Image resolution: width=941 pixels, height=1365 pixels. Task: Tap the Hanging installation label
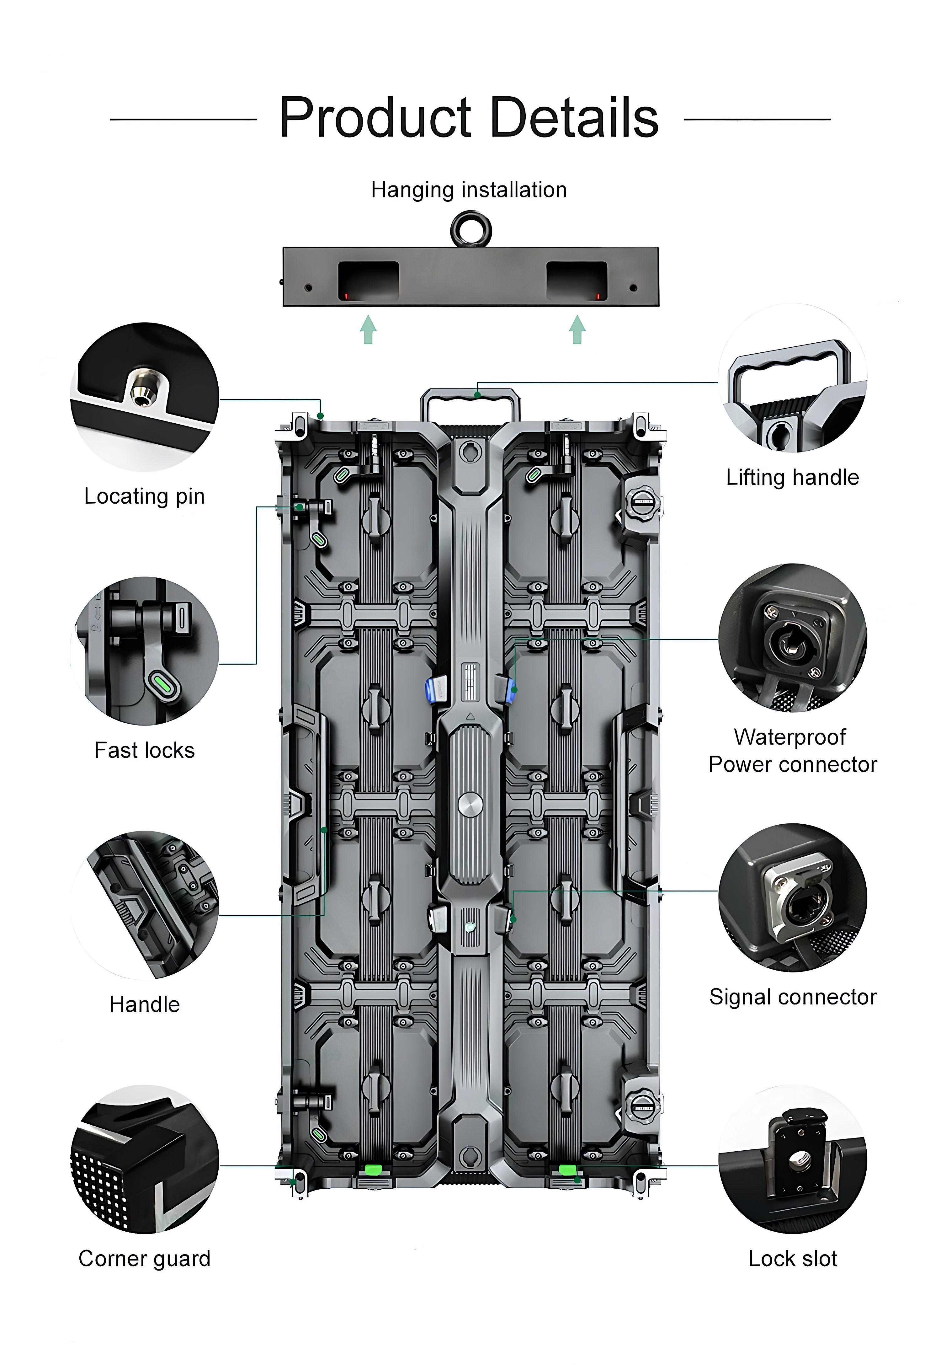pyautogui.click(x=469, y=190)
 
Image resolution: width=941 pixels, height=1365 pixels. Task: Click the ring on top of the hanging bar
pyautogui.click(x=470, y=230)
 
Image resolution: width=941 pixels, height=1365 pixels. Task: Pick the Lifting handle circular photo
pyautogui.click(x=792, y=378)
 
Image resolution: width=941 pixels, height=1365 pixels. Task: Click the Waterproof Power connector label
pyautogui.click(x=792, y=750)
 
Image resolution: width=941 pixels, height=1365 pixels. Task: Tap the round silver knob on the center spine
pyautogui.click(x=470, y=805)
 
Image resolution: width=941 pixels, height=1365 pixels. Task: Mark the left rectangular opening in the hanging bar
pyautogui.click(x=368, y=281)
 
